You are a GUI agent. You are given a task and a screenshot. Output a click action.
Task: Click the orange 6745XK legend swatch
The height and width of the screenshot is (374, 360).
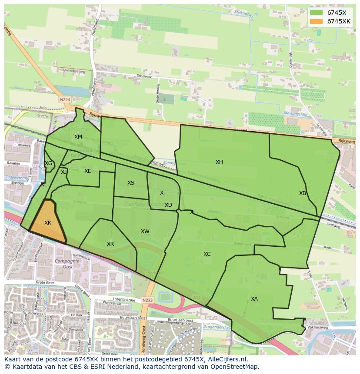point(317,21)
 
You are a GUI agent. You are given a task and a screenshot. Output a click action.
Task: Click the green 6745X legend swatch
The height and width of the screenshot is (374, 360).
point(317,13)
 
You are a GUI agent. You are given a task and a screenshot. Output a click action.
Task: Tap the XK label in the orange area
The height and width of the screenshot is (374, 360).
point(48,223)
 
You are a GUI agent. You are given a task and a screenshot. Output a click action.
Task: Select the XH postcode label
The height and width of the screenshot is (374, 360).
point(219,162)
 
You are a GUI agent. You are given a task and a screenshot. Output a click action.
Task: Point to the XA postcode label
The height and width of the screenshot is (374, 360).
point(254,299)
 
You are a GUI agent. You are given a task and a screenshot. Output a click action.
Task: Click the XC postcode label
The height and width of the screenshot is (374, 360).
point(207,254)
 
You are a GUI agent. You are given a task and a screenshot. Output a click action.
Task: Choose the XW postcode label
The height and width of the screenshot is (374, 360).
point(145,232)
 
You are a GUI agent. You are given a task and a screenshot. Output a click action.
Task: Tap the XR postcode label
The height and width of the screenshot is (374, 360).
point(110,244)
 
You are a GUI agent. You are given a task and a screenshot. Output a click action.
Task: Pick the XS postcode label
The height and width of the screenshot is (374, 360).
point(131,183)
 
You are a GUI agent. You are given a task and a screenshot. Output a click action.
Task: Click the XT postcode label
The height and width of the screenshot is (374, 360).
point(163,193)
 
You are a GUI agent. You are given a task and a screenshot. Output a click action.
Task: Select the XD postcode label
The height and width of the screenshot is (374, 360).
point(168,205)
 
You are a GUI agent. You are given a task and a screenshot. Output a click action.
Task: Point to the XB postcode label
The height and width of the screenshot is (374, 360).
point(303,193)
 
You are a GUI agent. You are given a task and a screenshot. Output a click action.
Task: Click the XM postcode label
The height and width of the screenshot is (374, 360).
point(78,137)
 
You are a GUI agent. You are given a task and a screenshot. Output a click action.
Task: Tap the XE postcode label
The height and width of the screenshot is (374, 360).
point(88,171)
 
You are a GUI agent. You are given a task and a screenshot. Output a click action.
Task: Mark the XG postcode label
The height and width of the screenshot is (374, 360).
point(48,163)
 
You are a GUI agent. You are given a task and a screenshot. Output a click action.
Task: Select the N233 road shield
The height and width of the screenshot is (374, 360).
point(147,299)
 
